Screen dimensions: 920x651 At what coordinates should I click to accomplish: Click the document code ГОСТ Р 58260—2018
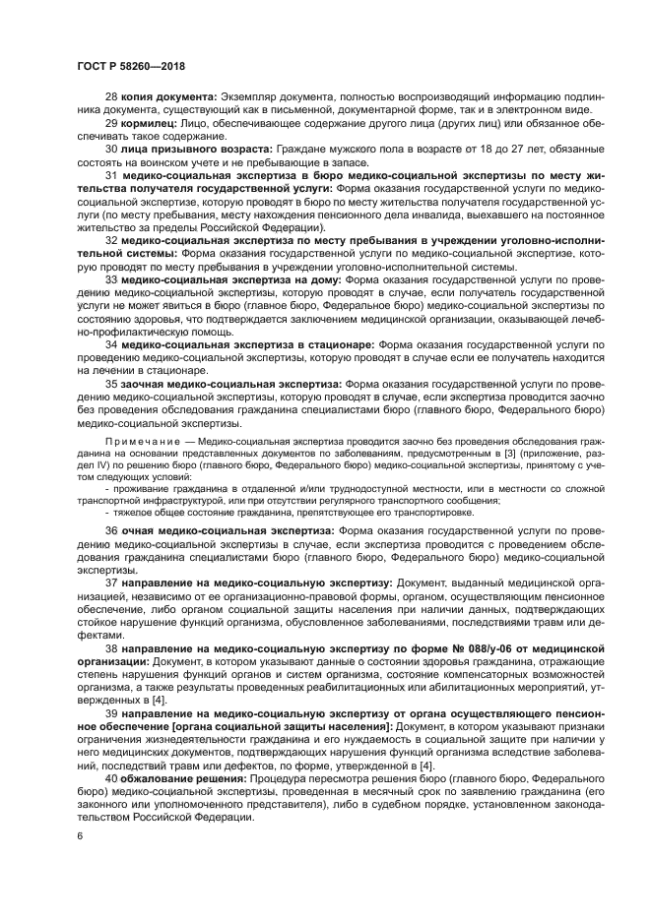click(x=131, y=65)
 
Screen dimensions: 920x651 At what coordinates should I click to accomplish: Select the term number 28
click(x=111, y=96)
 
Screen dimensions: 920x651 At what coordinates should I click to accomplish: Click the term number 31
click(x=111, y=174)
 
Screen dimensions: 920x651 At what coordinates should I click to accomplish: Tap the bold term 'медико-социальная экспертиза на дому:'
click(x=232, y=278)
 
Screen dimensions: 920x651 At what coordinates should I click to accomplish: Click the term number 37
click(x=111, y=583)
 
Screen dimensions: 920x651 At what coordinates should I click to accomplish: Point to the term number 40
click(x=111, y=778)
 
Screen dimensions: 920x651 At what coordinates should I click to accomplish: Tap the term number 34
click(x=111, y=344)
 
